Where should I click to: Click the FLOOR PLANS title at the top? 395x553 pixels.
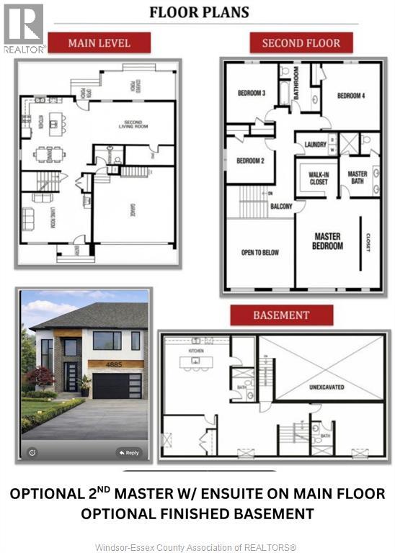pos(198,12)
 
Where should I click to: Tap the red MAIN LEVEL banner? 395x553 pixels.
pos(99,43)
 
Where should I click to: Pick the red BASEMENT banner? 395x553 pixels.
pos(280,315)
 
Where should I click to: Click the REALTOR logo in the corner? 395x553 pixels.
pos(24,28)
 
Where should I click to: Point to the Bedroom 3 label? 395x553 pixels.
pos(252,93)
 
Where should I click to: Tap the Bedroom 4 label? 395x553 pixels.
pos(351,96)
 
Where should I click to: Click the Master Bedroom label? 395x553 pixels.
pos(329,241)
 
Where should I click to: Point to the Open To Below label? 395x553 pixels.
pos(259,252)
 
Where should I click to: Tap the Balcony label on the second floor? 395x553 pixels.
pos(280,207)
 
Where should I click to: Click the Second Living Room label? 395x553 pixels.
pos(132,124)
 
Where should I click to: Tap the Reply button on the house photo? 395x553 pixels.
pos(129,453)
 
